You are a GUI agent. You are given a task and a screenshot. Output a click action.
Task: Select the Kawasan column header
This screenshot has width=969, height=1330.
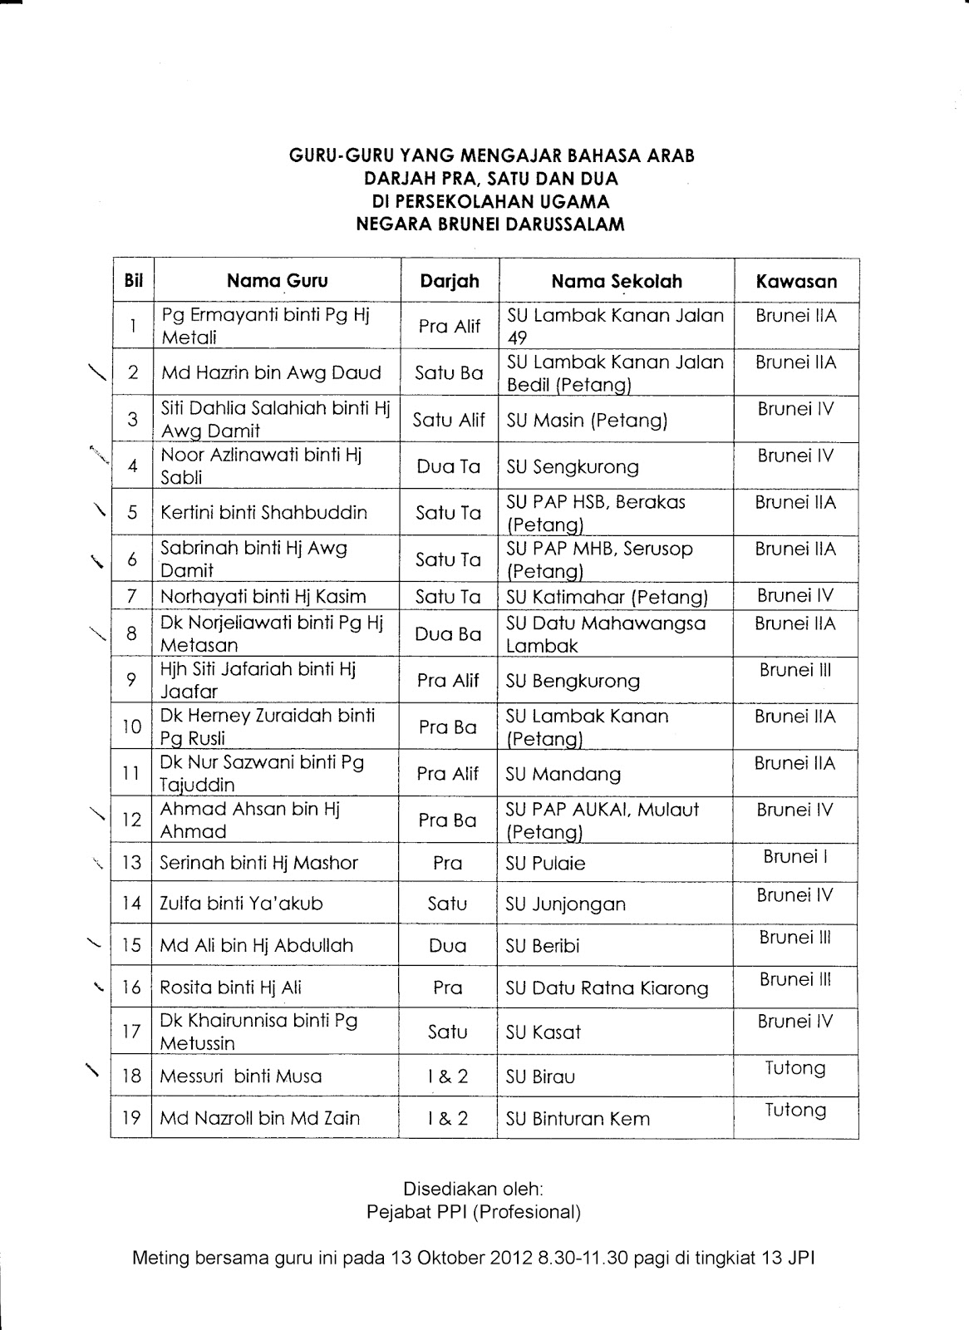pos(796,281)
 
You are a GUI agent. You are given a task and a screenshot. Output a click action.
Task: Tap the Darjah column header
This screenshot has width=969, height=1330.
pos(450,281)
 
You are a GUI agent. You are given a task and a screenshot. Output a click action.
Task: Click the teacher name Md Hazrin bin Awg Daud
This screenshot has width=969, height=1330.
pos(271,372)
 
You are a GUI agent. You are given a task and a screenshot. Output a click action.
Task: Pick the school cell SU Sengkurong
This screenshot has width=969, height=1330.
pos(573,466)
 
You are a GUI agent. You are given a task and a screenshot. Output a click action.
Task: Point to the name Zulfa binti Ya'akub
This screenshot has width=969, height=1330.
pos(241,904)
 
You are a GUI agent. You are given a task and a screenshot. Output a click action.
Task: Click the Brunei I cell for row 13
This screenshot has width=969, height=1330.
pos(795,857)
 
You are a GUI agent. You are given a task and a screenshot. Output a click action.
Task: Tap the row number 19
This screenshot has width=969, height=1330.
pos(131,1118)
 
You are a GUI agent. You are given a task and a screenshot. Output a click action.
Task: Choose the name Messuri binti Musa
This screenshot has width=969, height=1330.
pos(240,1076)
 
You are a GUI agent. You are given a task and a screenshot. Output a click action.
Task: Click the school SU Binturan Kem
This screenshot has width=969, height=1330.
pos(578,1119)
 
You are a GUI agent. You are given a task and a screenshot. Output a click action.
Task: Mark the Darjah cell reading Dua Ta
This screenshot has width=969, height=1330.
pos(449,466)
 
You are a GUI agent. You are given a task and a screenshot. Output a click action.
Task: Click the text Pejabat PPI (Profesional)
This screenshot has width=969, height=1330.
pos(474,1212)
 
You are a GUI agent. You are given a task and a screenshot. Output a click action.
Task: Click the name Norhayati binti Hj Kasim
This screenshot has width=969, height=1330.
pos(263,596)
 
